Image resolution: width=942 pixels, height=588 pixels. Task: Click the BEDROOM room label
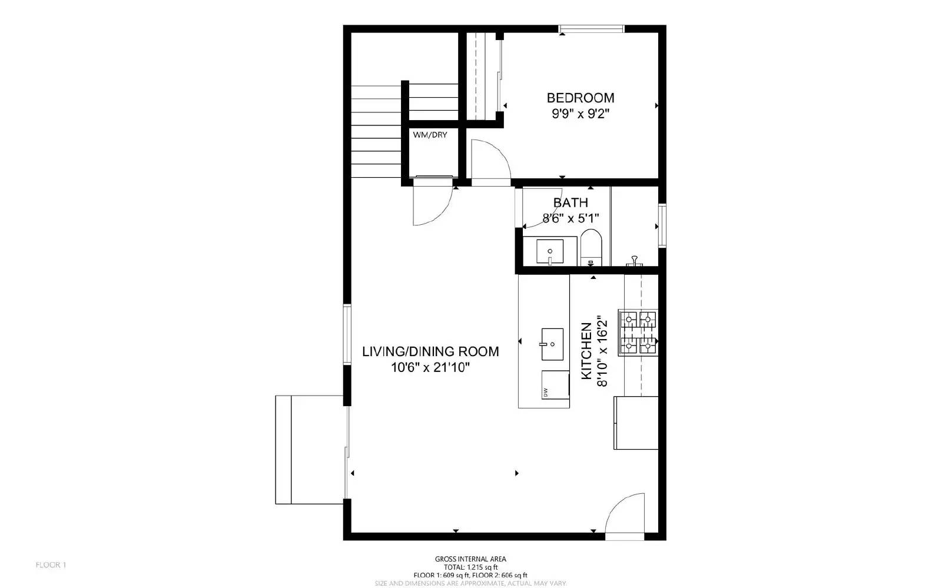pyautogui.click(x=580, y=98)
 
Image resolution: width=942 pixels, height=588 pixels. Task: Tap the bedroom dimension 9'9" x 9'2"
pyautogui.click(x=580, y=114)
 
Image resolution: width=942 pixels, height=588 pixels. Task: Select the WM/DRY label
pyautogui.click(x=430, y=135)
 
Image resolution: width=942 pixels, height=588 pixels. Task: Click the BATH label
pyautogui.click(x=570, y=202)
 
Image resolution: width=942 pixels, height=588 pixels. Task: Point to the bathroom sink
pyautogui.click(x=549, y=251)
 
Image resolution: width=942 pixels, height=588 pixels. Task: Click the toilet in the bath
pyautogui.click(x=591, y=247)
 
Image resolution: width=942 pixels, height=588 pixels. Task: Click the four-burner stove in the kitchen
pyautogui.click(x=638, y=333)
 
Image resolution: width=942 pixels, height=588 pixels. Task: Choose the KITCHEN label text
pyautogui.click(x=586, y=351)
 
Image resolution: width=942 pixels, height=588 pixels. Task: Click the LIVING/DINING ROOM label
pyautogui.click(x=430, y=351)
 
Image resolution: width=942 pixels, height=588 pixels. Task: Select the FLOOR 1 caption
pyautogui.click(x=51, y=565)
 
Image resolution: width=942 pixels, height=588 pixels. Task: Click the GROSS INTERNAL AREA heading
pyautogui.click(x=470, y=559)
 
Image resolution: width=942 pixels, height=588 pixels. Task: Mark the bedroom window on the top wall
pyautogui.click(x=591, y=28)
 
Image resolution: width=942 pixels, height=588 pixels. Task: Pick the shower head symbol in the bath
pyautogui.click(x=635, y=260)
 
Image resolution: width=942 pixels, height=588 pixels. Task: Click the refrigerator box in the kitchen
pyautogui.click(x=636, y=423)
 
